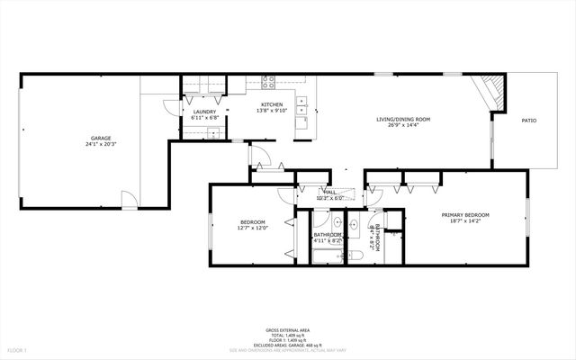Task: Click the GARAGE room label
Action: (x=100, y=138)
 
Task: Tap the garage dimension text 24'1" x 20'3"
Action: (x=100, y=144)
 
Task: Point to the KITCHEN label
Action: (x=273, y=104)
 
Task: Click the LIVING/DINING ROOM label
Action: (x=403, y=119)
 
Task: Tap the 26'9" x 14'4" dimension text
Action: (x=403, y=125)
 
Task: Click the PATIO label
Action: (x=529, y=120)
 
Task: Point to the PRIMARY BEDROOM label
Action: (x=465, y=214)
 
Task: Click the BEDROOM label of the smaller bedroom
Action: (x=252, y=222)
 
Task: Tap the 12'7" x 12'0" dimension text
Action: (x=252, y=229)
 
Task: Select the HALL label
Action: (x=330, y=192)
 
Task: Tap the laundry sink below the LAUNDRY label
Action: (x=214, y=133)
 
